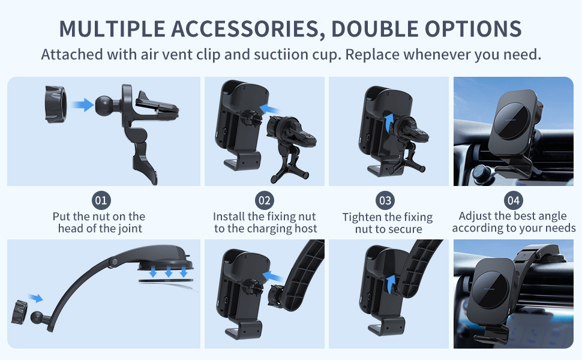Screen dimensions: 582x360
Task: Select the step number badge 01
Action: [101, 200]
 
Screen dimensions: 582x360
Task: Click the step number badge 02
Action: [264, 200]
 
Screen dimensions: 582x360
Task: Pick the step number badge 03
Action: [385, 200]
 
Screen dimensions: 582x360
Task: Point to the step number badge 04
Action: [514, 200]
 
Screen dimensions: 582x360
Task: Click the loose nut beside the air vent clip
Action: [56, 104]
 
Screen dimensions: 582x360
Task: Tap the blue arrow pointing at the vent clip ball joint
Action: [82, 104]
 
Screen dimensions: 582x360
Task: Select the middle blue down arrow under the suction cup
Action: [168, 272]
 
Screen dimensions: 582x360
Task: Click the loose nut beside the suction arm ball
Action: [19, 313]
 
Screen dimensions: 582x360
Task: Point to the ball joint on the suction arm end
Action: [37, 317]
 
